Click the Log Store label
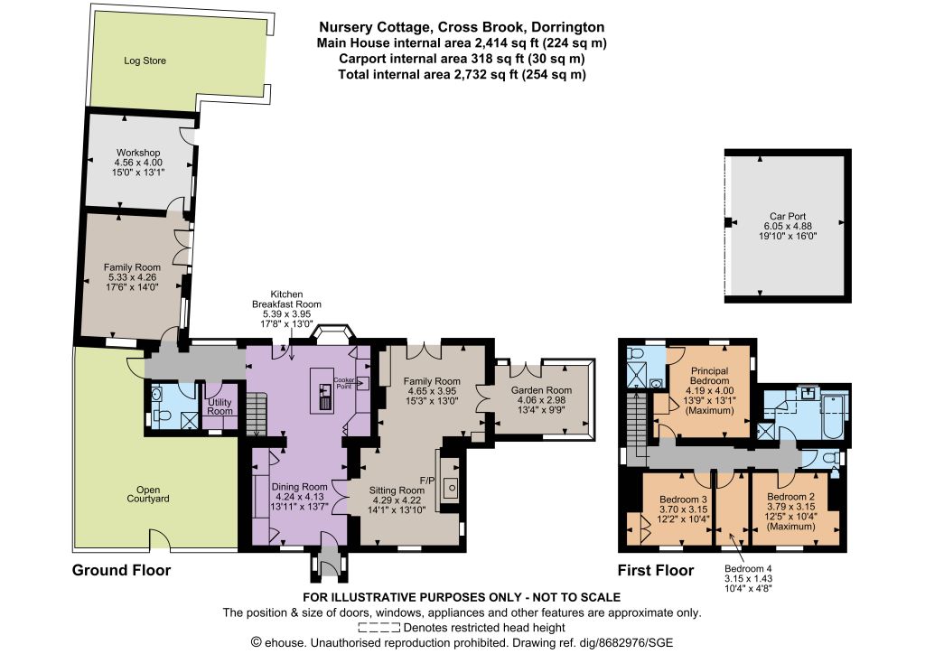tap(145, 61)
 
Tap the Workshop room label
tap(138, 153)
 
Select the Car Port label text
tap(788, 217)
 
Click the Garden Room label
tap(542, 390)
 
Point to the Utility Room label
tap(220, 406)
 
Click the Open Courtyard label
tap(148, 494)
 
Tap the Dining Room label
tap(299, 487)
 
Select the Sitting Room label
tap(397, 490)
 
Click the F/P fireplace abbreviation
tap(427, 481)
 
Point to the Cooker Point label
tap(344, 383)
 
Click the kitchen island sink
tap(324, 390)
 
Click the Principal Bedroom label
tap(709, 376)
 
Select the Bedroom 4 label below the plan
tap(748, 569)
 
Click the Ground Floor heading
tap(121, 570)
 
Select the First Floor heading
tap(656, 570)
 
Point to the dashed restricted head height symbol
tap(378, 628)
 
